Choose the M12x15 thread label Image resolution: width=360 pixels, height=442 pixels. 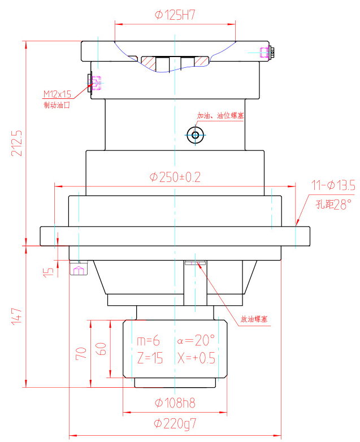click(x=58, y=94)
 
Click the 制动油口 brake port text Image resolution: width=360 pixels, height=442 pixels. click(x=57, y=105)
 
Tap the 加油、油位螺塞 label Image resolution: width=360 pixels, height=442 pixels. click(x=220, y=116)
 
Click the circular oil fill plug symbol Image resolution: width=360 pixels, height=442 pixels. click(x=196, y=135)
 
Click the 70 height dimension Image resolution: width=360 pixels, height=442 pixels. click(x=81, y=354)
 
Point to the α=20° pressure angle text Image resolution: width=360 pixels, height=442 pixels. click(x=196, y=340)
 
